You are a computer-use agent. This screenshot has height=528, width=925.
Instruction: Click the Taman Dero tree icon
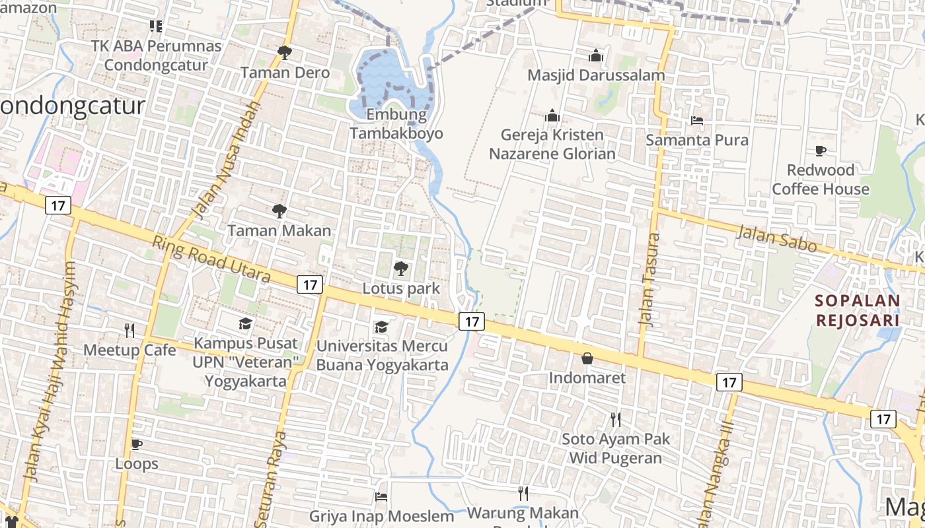point(285,52)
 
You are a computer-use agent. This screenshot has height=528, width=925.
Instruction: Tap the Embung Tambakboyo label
point(396,124)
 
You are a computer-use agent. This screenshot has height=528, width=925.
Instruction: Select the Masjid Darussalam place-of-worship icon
point(596,55)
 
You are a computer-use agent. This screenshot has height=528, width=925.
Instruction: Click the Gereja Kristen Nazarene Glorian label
point(552,145)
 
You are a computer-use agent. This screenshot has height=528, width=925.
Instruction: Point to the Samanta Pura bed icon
point(696,121)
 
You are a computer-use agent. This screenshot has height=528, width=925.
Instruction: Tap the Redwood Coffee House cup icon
point(821,150)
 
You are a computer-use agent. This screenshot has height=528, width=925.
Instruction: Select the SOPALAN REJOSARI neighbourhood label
point(858,310)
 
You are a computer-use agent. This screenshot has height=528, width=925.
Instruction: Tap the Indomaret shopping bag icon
point(587,358)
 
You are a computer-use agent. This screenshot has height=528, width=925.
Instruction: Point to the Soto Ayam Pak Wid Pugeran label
point(616,448)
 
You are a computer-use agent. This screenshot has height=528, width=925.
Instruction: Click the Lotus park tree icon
point(400,268)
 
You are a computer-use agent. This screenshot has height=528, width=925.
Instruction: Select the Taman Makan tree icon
point(279,211)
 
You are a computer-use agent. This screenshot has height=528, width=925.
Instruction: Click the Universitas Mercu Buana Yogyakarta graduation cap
point(381,327)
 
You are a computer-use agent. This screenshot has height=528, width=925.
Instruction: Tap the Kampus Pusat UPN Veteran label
point(246,362)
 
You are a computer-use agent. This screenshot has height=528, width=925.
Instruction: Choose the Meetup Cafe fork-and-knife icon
point(129,330)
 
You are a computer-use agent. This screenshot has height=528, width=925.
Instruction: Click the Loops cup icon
point(137,444)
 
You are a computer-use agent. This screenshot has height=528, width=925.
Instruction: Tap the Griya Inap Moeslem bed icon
point(381,497)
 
